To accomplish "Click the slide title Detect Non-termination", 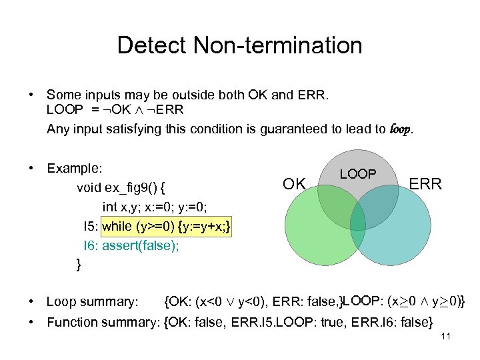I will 239,45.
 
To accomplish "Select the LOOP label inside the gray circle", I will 358,174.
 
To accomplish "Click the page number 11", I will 446,337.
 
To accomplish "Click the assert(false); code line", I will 141,245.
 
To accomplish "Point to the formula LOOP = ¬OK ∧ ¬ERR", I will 115,110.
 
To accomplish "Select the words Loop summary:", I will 92,303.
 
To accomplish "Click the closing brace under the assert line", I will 79,265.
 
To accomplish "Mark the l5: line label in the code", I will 91,226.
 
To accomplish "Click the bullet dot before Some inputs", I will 31,95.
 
